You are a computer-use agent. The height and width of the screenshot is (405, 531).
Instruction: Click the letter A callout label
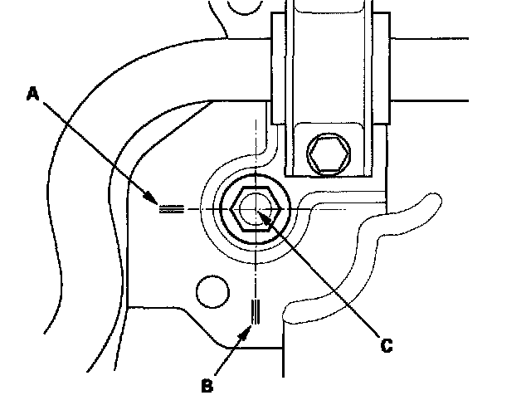[x=32, y=95]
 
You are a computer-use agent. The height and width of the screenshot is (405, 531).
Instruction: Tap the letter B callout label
[x=207, y=385]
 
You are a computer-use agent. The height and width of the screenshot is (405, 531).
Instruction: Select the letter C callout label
[x=386, y=345]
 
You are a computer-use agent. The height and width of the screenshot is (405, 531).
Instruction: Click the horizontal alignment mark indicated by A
[x=170, y=209]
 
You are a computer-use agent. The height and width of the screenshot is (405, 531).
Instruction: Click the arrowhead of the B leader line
[x=249, y=329]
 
